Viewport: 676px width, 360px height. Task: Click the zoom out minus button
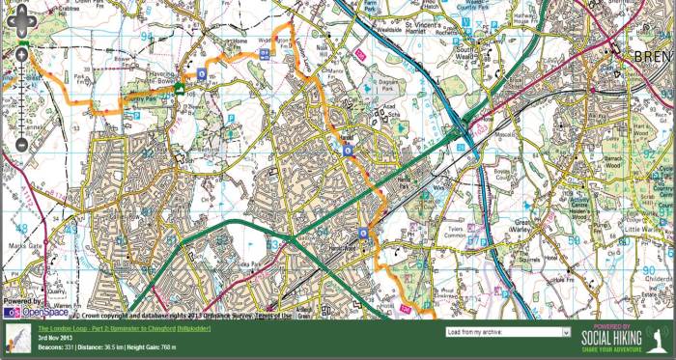[21, 146]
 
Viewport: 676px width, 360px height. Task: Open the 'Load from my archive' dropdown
[508, 331]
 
